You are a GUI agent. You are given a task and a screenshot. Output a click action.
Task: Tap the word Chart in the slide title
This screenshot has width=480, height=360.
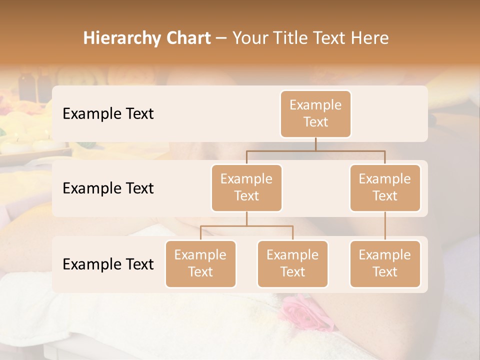[x=186, y=38]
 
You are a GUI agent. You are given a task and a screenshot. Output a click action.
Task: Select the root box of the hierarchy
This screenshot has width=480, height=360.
[x=315, y=113]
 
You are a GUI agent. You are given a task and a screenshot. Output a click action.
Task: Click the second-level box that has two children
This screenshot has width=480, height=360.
[x=246, y=187]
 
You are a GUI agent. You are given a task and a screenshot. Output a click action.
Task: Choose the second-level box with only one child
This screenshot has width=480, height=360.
[x=385, y=187]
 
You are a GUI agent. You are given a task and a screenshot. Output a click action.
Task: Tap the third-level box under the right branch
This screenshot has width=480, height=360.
[x=385, y=263]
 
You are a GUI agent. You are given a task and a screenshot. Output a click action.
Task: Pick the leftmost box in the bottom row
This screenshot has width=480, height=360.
[x=200, y=263]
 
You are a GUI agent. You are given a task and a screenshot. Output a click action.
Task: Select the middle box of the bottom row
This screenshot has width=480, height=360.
[x=292, y=263]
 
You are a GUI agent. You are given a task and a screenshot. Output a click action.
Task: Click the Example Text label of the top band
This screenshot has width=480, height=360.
[x=108, y=113]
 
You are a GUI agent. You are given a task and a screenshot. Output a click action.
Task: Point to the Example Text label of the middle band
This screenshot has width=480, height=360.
[x=108, y=188]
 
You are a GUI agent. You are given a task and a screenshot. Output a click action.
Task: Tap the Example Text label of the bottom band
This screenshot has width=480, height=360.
[x=108, y=264]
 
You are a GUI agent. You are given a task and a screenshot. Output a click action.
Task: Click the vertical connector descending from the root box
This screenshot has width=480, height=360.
[x=315, y=144]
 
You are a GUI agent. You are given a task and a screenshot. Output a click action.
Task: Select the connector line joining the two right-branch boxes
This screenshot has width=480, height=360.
[x=385, y=226]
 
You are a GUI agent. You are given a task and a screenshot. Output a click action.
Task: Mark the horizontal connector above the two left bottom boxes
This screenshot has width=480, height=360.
[x=246, y=226]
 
